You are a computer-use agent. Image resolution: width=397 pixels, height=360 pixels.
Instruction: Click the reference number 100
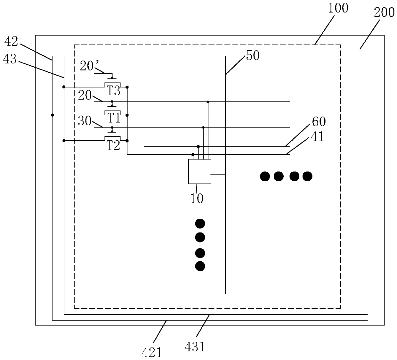coord(338,8)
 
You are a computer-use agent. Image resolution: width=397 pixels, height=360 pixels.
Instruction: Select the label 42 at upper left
coord(11,41)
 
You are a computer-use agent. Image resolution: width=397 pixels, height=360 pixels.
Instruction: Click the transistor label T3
coord(113,91)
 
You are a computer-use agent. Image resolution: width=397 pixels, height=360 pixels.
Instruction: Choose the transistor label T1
coord(113,119)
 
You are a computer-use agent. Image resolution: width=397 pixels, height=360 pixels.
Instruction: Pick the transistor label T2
coord(113,146)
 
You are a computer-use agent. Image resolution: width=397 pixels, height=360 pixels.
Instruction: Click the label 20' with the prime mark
coord(87,66)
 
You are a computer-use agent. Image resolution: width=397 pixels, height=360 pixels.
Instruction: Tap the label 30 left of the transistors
coord(85,122)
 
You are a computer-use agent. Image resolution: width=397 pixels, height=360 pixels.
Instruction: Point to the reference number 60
coord(319,122)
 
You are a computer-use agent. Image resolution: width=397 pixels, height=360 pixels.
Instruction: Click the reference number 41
coord(317,137)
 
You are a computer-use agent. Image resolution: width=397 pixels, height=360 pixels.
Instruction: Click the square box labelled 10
coord(200,172)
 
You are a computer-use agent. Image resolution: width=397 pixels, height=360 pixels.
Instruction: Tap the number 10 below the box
coord(197,199)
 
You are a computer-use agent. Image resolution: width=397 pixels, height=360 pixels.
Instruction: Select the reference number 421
coord(152,353)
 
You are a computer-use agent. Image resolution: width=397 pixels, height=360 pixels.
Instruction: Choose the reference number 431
coord(195,347)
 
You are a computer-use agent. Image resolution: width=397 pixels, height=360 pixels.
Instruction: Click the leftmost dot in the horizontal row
coord(265,176)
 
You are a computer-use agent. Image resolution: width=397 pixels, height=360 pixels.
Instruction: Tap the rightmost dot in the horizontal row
coord(307,176)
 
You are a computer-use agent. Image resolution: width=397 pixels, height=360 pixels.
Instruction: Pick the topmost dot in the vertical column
coord(200,223)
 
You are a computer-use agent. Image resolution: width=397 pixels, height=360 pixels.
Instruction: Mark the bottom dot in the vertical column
coord(200,266)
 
